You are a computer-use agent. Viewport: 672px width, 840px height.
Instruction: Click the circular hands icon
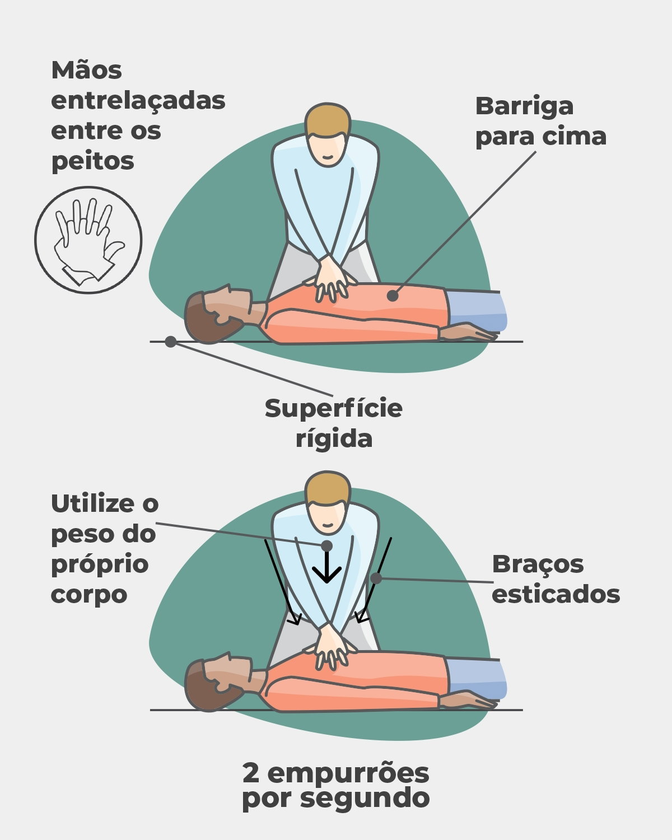[88, 240]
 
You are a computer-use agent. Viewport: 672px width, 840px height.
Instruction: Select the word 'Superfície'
[333, 409]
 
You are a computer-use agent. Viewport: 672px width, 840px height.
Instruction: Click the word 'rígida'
[334, 438]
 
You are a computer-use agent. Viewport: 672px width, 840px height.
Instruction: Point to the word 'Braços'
[538, 564]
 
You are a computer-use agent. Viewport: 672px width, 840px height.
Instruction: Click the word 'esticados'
[556, 594]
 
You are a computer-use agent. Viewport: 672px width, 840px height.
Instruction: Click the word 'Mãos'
[86, 71]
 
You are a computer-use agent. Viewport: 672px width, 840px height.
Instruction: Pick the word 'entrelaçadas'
[138, 101]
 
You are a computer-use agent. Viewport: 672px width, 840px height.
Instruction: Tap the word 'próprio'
[100, 564]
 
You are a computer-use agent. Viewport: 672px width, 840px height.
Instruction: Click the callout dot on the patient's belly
[393, 295]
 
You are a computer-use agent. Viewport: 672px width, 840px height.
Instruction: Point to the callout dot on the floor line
[171, 342]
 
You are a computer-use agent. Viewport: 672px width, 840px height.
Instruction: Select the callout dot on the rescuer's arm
[376, 578]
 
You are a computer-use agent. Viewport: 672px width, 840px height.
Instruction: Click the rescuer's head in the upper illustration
[328, 134]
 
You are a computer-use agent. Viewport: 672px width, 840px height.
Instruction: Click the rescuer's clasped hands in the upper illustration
[334, 277]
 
